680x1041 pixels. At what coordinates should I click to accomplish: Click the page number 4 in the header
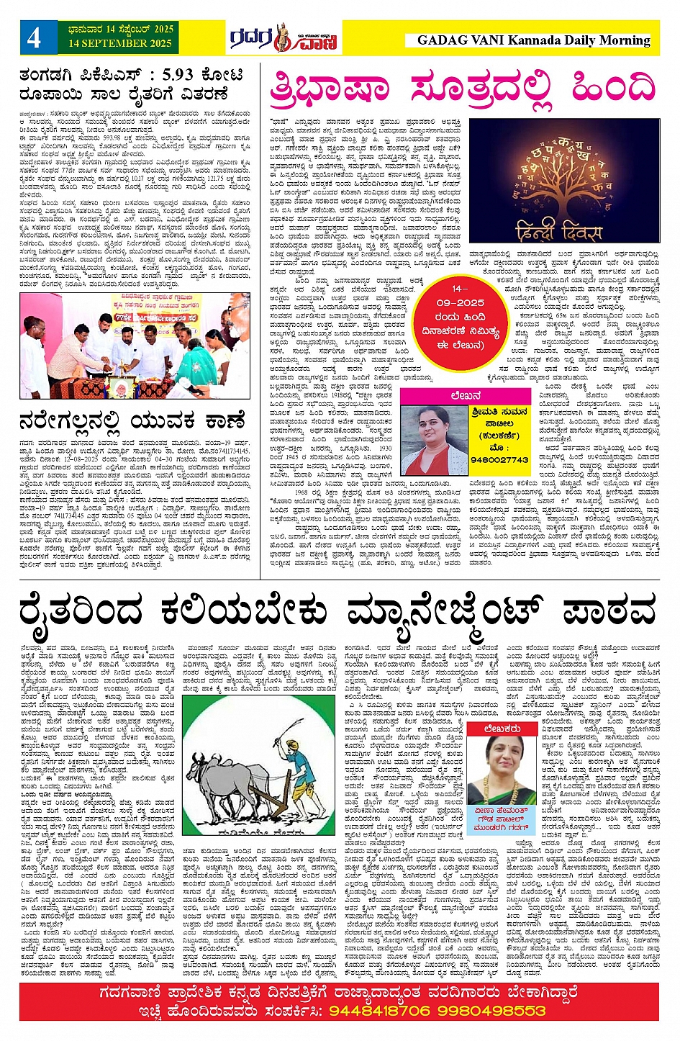[34, 37]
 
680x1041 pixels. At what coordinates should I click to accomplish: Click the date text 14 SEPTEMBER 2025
[120, 44]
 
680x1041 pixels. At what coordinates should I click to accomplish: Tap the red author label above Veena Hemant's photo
[502, 729]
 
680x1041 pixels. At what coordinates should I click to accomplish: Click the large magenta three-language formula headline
[462, 91]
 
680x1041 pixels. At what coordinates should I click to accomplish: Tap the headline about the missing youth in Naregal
[132, 420]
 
